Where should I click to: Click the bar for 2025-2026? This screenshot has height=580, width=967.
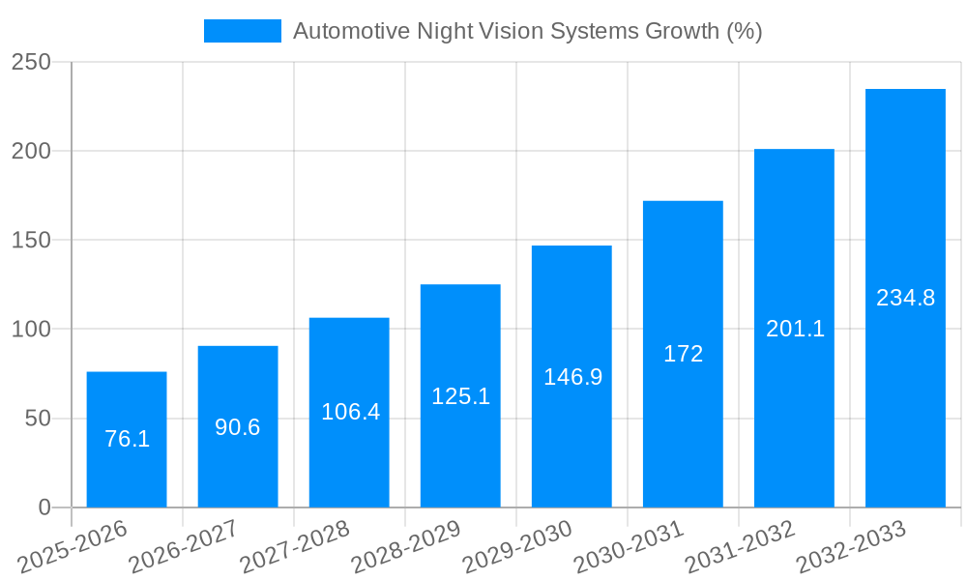pos(127,440)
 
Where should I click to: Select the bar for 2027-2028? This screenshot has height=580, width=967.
pos(349,413)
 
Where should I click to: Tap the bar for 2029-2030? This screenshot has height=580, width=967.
pos(571,376)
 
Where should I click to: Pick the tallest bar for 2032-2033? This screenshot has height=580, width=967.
pos(905,298)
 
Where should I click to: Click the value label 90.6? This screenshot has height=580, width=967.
pos(238,427)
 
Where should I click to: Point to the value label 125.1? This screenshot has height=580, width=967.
pos(460,396)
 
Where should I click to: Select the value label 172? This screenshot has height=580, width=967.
pos(683,354)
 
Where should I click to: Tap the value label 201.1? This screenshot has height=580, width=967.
pos(795,329)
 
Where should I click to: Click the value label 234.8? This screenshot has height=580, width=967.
pos(905,298)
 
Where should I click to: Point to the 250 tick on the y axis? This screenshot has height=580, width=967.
pos(39,62)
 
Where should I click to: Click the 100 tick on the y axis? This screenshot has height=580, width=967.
pos(39,330)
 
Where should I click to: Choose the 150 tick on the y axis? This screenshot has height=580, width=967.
pos(39,241)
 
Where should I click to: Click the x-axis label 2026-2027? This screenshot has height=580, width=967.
pos(185,546)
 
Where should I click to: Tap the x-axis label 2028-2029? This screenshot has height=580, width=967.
pos(407,546)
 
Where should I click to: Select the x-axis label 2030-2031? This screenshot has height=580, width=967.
pos(630,546)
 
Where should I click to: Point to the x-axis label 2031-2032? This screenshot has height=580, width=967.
pos(741,546)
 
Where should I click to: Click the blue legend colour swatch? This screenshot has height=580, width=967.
pos(242,31)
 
